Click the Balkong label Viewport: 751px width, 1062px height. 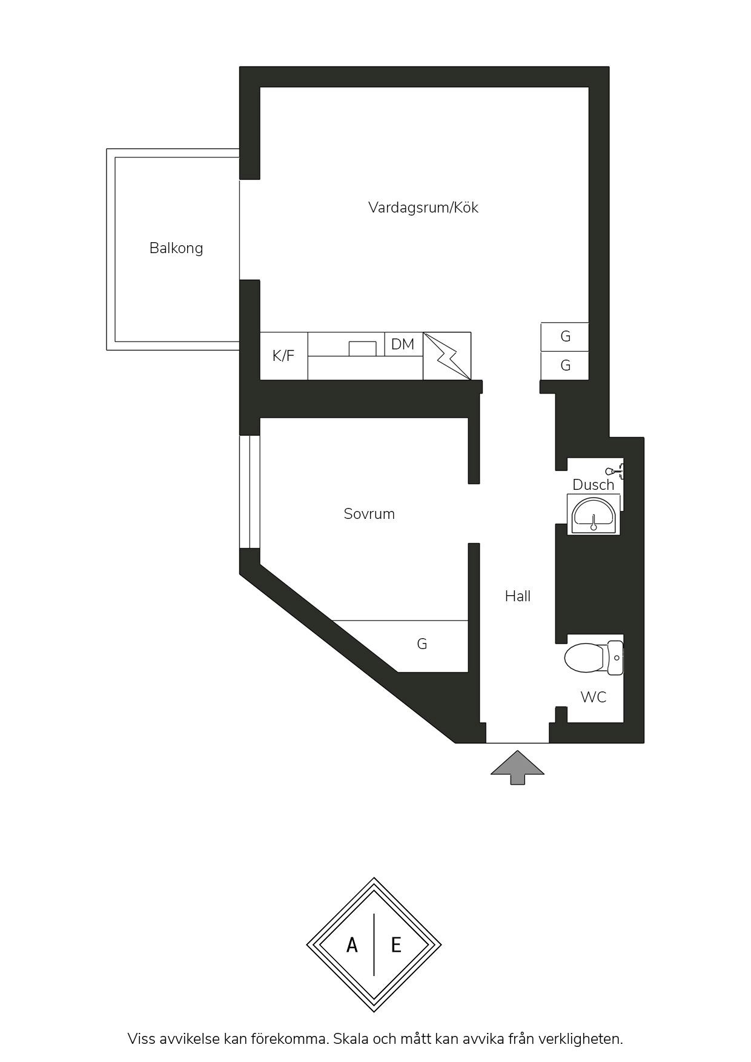pyautogui.click(x=176, y=248)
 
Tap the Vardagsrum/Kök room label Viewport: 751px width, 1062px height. pyautogui.click(x=423, y=208)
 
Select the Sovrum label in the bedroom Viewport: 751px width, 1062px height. pyautogui.click(x=369, y=514)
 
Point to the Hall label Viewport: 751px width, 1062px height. pyautogui.click(x=518, y=596)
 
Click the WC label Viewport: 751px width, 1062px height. pyautogui.click(x=594, y=697)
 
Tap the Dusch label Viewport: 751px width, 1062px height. pyautogui.click(x=594, y=485)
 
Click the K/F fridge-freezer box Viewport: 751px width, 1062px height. pyautogui.click(x=283, y=356)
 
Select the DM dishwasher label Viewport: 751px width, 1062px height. pyautogui.click(x=403, y=345)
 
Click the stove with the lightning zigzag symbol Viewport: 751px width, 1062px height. pyautogui.click(x=447, y=356)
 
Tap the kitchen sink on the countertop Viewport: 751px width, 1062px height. pyautogui.click(x=362, y=349)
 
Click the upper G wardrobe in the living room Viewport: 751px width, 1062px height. pyautogui.click(x=565, y=337)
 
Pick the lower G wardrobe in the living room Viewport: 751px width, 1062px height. pyautogui.click(x=565, y=366)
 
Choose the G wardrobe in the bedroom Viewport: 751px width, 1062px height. pyautogui.click(x=422, y=644)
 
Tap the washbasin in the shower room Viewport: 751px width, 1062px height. pyautogui.click(x=594, y=514)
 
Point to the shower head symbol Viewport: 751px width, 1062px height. pyautogui.click(x=614, y=470)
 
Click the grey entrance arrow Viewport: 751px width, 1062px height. pyautogui.click(x=517, y=768)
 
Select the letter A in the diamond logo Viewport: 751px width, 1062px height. pyautogui.click(x=352, y=945)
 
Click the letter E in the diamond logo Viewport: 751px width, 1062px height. pyautogui.click(x=396, y=945)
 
